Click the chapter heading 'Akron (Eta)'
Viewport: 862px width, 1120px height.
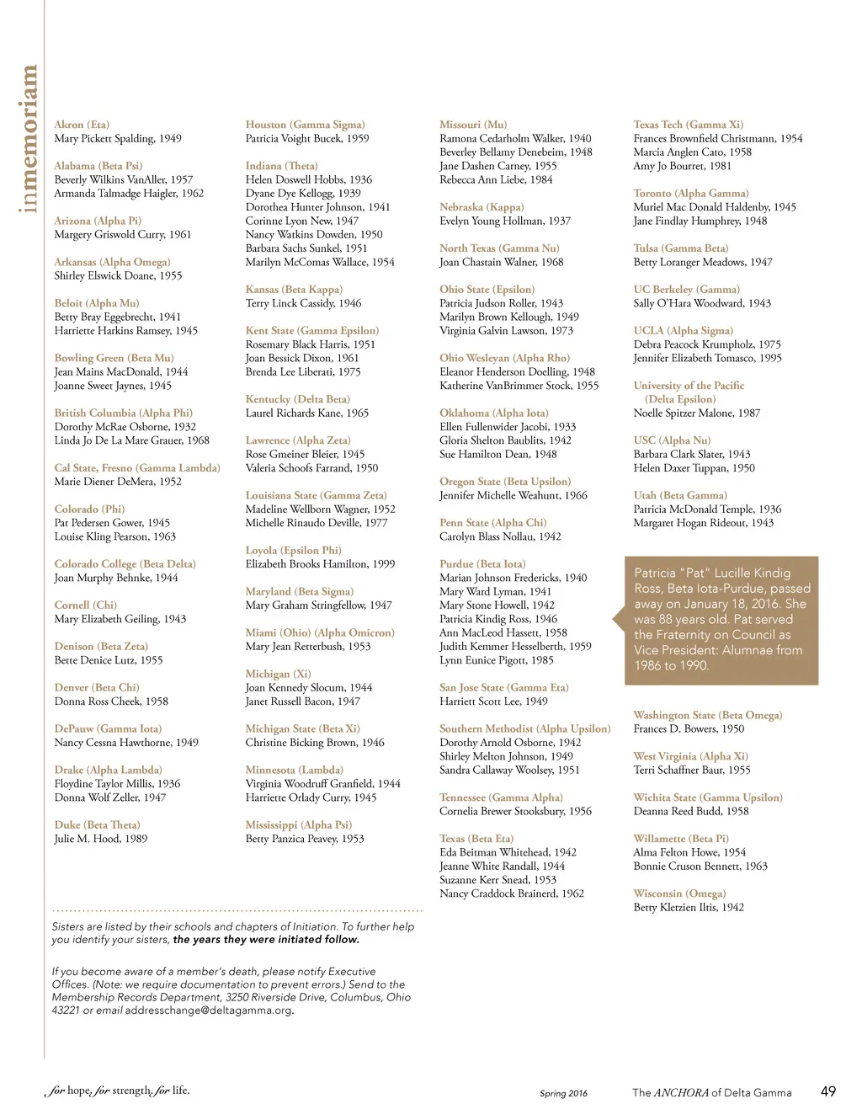(82, 125)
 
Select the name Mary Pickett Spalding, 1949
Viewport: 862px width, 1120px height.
(118, 138)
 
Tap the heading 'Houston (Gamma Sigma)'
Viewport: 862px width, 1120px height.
(305, 125)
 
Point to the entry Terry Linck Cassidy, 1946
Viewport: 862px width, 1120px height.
(303, 303)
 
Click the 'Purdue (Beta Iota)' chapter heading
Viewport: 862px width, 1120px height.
(482, 564)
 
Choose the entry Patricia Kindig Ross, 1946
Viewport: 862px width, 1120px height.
(498, 619)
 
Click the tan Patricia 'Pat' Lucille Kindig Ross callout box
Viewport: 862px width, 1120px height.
(721, 619)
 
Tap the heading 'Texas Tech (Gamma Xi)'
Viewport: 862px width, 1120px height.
(688, 125)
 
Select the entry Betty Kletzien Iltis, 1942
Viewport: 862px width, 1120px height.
(689, 907)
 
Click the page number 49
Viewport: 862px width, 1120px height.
(828, 1091)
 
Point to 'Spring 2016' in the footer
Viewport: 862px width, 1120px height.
(564, 1093)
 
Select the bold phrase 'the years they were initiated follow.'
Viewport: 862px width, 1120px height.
(266, 939)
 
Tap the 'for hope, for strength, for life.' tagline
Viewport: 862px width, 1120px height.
(117, 1091)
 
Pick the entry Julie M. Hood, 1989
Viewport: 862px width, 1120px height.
(101, 839)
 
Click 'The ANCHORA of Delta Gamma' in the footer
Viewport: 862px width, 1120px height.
(712, 1092)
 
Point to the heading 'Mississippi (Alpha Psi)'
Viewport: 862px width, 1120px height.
(299, 825)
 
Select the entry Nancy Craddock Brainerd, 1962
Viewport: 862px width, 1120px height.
(511, 893)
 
